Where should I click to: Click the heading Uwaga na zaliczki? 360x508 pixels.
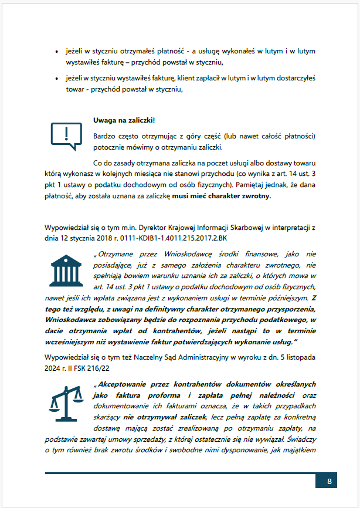(124, 121)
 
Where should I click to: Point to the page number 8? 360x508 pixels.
(330, 482)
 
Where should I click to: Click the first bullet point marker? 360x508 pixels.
(56, 52)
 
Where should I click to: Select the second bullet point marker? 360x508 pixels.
(56, 78)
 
